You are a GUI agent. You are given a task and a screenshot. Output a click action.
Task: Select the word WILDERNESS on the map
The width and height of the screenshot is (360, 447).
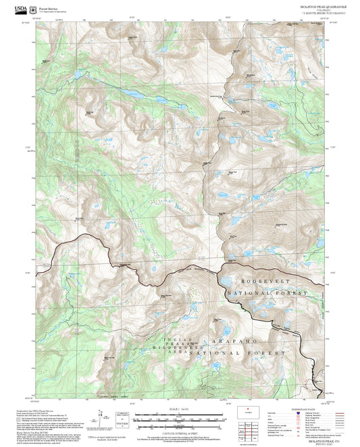coord(169,348)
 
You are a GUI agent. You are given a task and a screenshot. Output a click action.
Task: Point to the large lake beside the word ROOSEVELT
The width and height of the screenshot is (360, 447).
coord(226,281)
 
